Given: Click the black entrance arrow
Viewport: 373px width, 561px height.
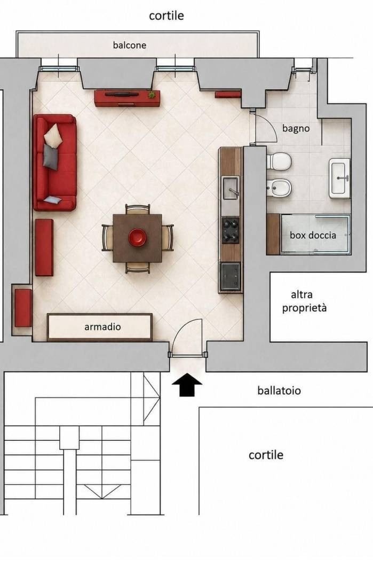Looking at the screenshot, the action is point(187,385).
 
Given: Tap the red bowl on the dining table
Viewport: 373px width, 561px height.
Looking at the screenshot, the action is point(137,238).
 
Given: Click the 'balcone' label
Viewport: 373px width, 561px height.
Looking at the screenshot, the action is point(129,45).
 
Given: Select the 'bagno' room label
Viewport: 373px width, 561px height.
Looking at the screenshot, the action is point(296,128).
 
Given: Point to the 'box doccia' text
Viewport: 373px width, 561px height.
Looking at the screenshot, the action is point(313,235).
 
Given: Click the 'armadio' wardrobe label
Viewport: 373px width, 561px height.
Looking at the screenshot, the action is point(102,326).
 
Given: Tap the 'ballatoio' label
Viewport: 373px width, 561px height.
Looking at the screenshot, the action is point(279,391).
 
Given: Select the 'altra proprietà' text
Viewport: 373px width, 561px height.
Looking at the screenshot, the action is point(304,301).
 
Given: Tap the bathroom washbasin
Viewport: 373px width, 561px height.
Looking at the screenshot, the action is point(339,178).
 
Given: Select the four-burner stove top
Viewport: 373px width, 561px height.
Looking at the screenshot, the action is point(231,230).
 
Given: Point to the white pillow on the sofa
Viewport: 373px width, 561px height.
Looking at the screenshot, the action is point(53,136).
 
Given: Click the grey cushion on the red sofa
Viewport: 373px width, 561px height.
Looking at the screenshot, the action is point(51,157).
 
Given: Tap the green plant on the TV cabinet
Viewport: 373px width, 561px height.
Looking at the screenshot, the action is point(152,95).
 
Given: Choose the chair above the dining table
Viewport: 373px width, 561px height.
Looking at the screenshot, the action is point(138,209).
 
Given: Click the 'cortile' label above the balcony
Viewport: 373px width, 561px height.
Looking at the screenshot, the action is point(166,15).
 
